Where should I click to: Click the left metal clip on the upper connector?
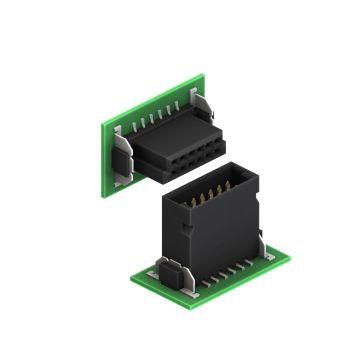coord(122,155)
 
